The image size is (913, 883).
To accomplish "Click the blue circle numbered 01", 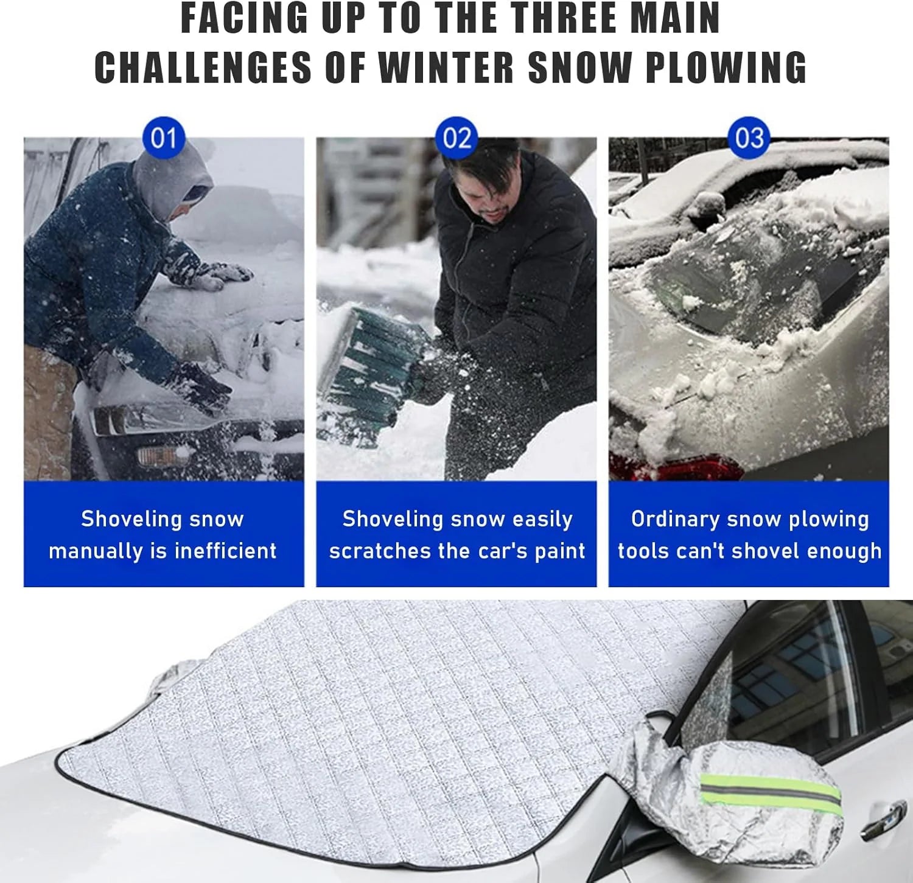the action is click(x=163, y=138).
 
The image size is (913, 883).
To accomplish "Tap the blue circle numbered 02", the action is click(x=456, y=138).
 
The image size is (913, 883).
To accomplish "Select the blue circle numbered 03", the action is click(x=749, y=138).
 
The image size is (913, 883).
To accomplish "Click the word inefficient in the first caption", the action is click(x=225, y=551).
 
